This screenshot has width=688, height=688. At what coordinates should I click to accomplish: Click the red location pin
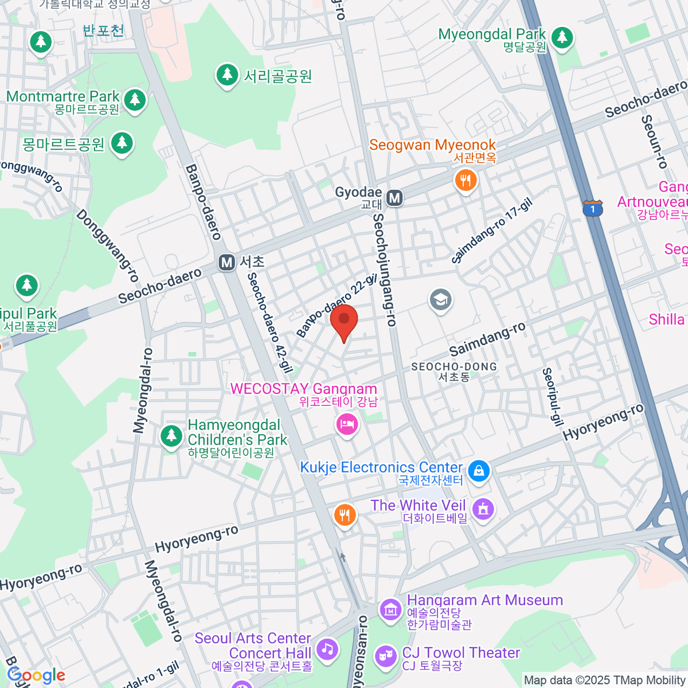click(x=344, y=321)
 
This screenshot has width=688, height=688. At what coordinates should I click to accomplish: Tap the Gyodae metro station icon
click(x=394, y=198)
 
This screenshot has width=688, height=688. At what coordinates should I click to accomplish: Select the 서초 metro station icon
click(x=227, y=263)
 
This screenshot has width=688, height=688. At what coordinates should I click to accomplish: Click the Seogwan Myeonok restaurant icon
click(x=466, y=181)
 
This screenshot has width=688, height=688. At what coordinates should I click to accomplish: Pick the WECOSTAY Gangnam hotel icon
click(x=347, y=425)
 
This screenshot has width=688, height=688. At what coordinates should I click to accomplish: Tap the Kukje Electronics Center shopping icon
click(x=478, y=471)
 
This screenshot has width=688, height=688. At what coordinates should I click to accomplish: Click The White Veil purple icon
click(x=483, y=508)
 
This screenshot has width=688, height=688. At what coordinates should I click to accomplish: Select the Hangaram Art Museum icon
click(x=391, y=610)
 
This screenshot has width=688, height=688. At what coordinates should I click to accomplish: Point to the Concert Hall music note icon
click(x=327, y=650)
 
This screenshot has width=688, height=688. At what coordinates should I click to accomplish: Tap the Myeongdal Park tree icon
click(x=562, y=38)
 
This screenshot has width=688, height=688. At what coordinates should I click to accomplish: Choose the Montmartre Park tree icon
click(x=135, y=100)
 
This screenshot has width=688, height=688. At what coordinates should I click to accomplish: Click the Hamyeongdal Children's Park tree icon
click(x=171, y=436)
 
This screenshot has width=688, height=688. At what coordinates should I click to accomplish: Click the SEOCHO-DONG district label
click(x=454, y=371)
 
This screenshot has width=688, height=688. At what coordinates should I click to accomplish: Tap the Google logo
click(x=36, y=675)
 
